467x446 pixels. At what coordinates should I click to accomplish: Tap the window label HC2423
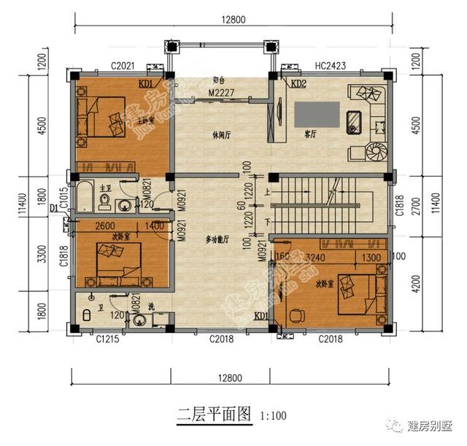tap(331, 66)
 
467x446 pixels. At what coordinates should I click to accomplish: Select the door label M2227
tap(221, 93)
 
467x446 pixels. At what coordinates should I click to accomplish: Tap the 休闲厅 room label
tap(221, 135)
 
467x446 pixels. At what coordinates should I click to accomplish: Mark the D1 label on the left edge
tap(54, 209)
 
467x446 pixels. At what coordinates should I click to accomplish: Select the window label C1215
tap(107, 339)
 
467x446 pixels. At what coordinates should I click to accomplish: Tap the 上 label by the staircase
tap(268, 193)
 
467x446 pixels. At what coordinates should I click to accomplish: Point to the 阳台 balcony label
tap(218, 80)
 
